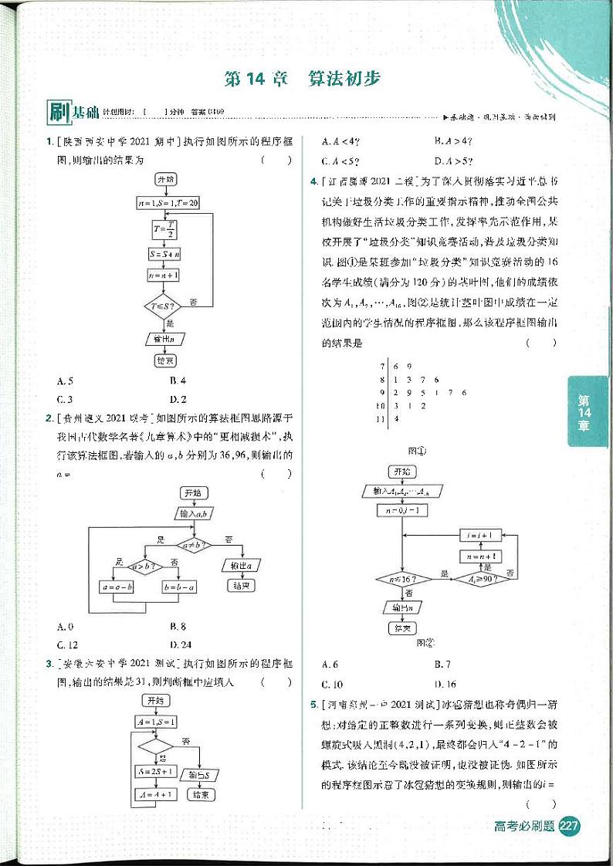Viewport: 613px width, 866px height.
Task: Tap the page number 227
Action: tap(569, 827)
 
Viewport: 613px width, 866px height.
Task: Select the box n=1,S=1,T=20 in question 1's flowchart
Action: tap(167, 202)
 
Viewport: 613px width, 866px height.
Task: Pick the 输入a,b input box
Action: tap(197, 512)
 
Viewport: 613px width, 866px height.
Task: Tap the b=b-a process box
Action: tap(180, 587)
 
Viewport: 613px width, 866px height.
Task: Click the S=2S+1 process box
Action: tap(154, 771)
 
